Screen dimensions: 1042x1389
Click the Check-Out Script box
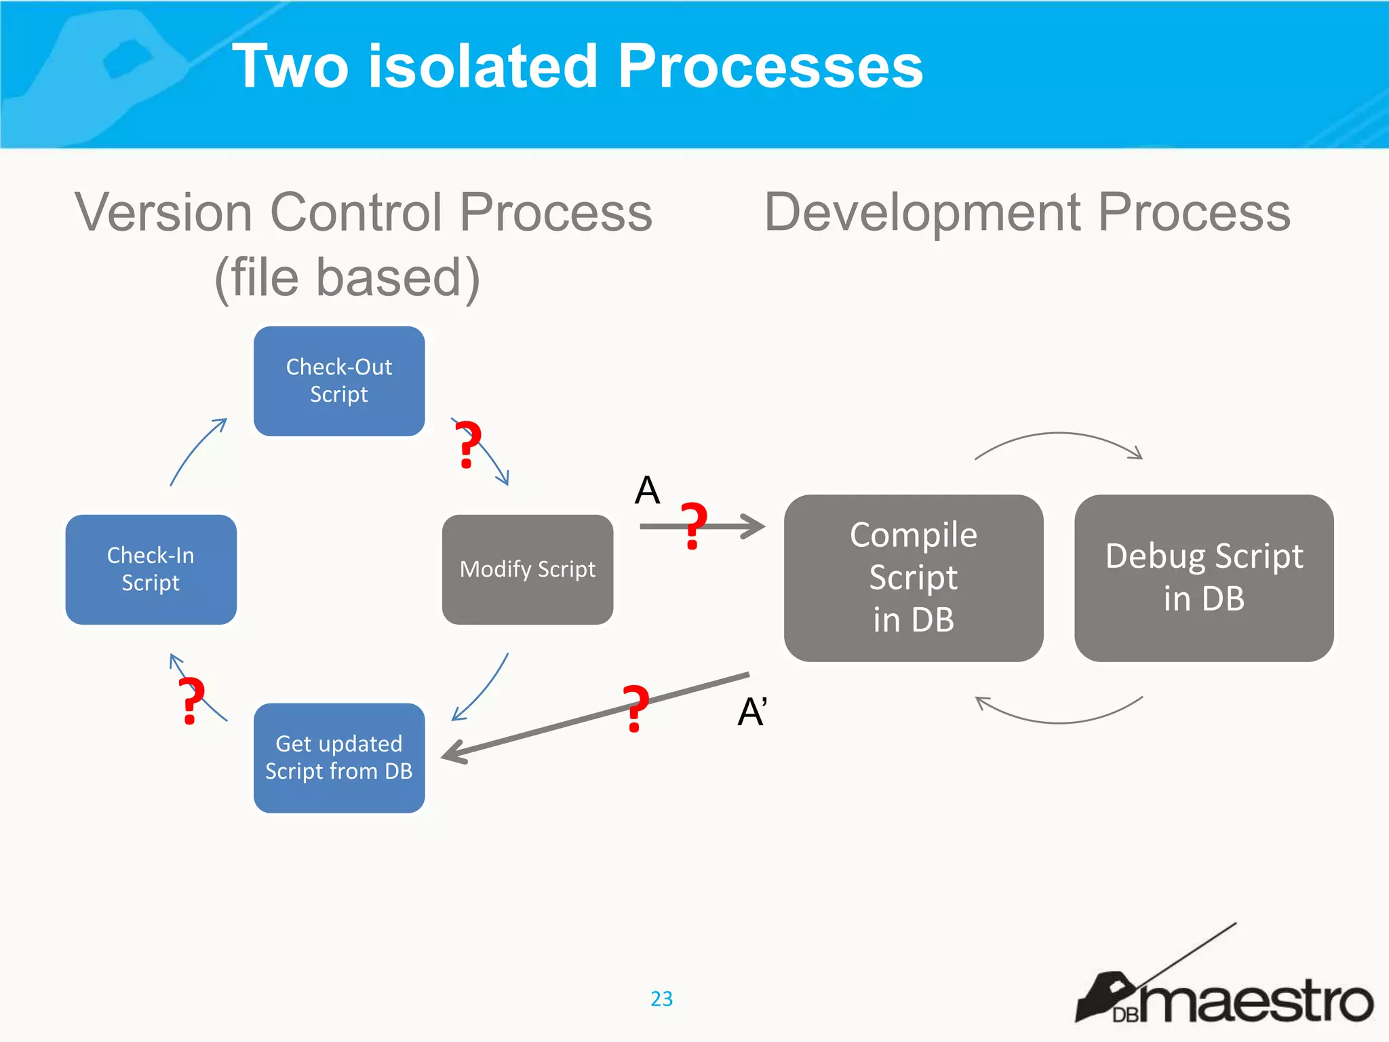pos(339,381)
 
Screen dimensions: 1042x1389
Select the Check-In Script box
pos(151,569)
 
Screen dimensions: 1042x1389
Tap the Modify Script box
pos(528,569)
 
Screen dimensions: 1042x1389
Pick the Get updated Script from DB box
pos(339,758)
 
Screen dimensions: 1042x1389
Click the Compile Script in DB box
pos(914,578)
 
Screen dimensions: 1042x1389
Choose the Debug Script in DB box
pos(1204,578)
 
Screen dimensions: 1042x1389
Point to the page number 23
pos(661,999)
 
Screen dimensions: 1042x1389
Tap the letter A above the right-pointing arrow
pos(647,490)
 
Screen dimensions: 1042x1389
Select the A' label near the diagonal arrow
pos(751,712)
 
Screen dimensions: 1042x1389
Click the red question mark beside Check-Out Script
pos(467,444)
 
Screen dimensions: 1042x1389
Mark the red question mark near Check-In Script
pos(191,701)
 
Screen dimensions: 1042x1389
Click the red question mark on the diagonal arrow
pos(636,708)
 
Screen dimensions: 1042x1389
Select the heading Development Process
pos(1027,212)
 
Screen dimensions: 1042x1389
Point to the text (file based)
pos(347,277)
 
